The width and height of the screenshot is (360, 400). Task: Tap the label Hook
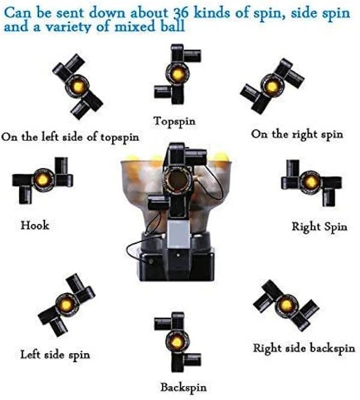tap(35, 225)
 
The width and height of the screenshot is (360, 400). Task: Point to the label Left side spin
tap(55, 354)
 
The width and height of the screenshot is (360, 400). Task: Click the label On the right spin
tap(297, 134)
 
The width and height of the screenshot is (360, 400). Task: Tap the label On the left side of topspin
tap(70, 137)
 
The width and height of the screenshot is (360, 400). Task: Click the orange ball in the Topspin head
tap(178, 74)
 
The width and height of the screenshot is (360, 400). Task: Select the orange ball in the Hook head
tap(43, 180)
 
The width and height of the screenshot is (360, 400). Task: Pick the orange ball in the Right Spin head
tap(310, 181)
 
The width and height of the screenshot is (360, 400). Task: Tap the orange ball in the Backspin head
tap(176, 342)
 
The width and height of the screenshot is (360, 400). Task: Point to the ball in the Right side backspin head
tap(287, 305)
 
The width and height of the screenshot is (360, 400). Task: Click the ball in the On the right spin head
tap(272, 86)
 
